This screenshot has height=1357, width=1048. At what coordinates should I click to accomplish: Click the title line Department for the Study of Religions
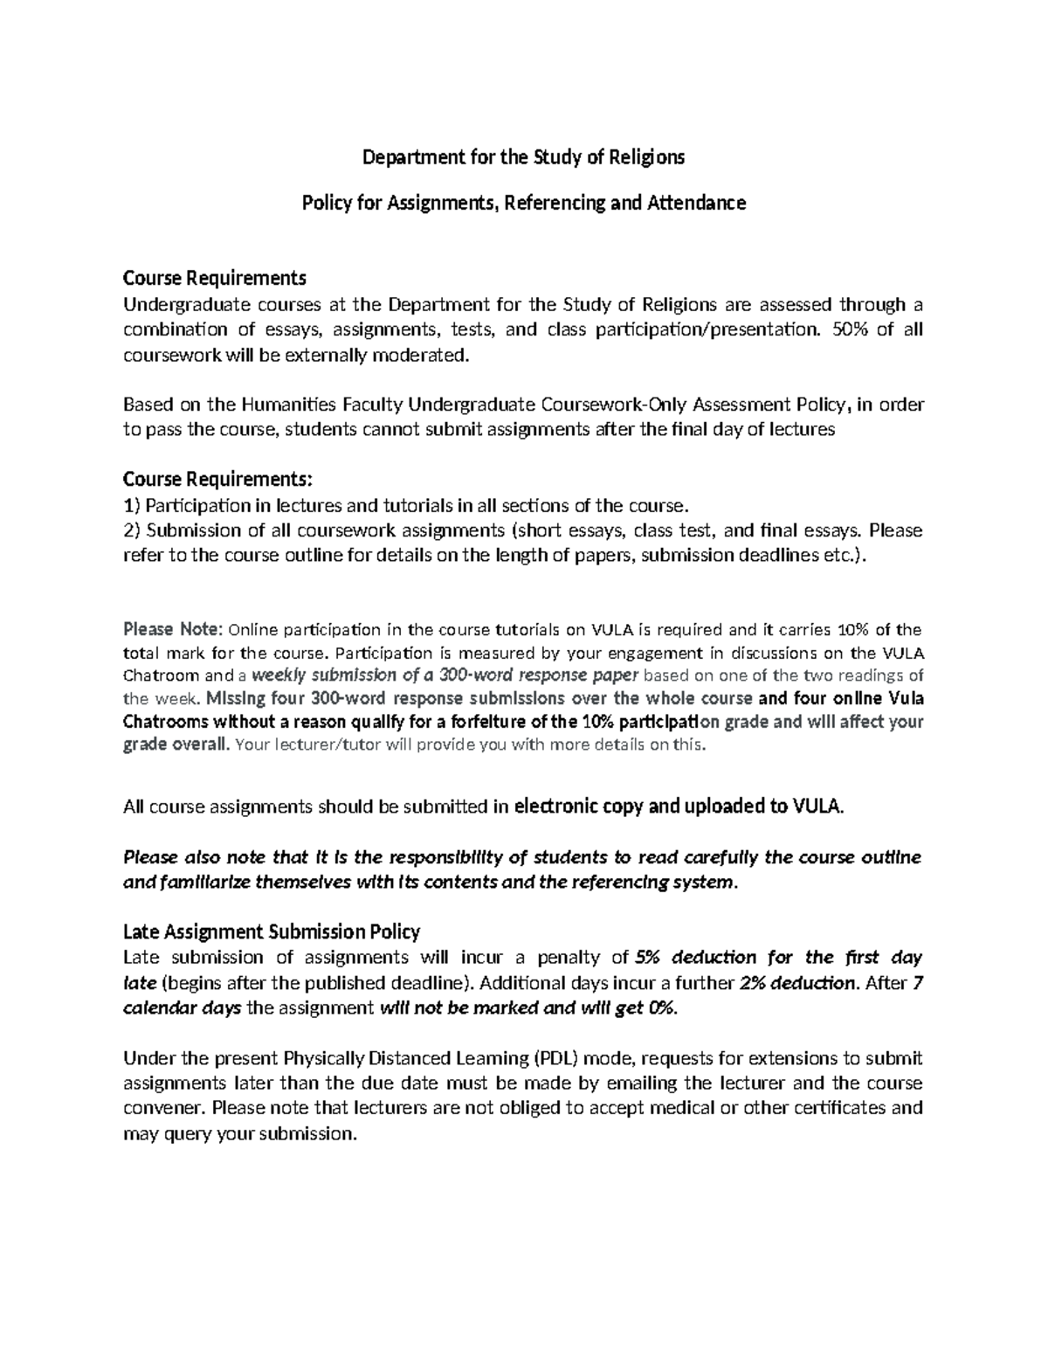coord(524,157)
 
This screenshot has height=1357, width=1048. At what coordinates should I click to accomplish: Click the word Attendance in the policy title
coord(696,203)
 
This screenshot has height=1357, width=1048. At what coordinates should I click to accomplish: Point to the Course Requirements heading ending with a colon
coord(217,480)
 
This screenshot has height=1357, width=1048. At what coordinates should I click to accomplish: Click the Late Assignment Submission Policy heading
coord(272,931)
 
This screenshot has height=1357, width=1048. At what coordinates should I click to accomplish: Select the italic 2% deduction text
coord(796,982)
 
